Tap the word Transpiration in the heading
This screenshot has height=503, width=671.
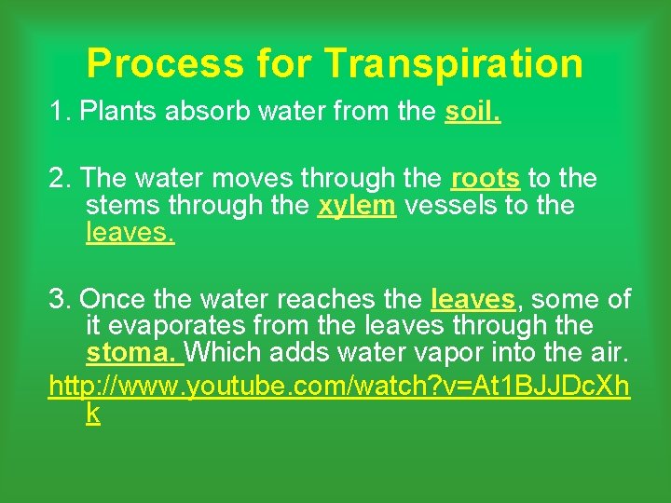(x=454, y=63)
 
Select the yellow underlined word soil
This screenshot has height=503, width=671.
(x=473, y=112)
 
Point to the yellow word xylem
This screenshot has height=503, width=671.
(x=356, y=205)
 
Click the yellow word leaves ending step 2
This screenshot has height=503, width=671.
(x=130, y=232)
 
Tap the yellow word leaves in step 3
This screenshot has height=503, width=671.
(x=473, y=299)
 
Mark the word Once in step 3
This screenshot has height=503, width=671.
(x=111, y=299)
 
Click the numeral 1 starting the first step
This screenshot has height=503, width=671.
(x=60, y=112)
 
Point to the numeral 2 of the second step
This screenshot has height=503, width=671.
(x=60, y=178)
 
